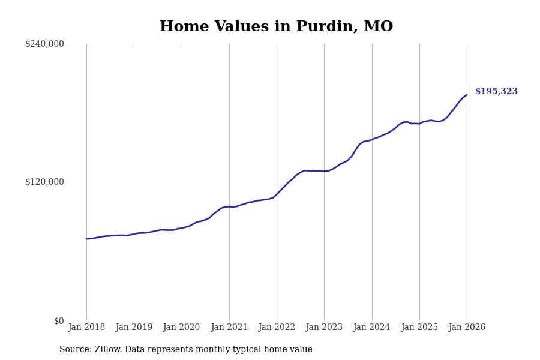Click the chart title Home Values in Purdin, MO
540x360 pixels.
pos(276,27)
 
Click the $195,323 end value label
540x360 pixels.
pos(496,92)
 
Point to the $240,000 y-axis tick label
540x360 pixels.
pos(44,44)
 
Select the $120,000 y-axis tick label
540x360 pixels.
pos(44,182)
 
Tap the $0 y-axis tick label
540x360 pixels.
pos(59,321)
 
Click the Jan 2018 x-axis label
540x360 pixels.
pos(86,328)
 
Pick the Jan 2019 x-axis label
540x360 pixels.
pos(134,328)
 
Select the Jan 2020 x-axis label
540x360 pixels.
pos(181,328)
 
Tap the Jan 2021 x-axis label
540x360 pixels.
pos(229,328)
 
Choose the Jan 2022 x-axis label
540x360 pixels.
pos(277,328)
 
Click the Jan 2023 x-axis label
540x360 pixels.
pos(324,328)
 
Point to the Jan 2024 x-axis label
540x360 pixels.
pos(371,328)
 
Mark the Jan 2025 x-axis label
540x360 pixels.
pos(419,328)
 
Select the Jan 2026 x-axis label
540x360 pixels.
pos(467,328)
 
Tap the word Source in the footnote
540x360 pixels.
pos(75,350)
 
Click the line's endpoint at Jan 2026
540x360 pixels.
pos(467,95)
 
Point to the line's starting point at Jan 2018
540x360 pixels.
pos(86,239)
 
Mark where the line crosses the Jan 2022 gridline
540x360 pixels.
pos(277,194)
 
